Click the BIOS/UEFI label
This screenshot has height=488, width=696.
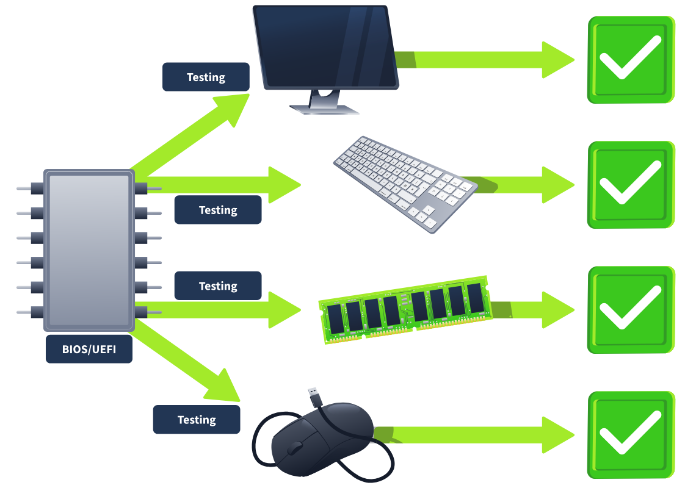(x=89, y=349)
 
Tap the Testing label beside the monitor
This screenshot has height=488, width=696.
(x=206, y=77)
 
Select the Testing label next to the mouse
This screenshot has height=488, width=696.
(x=197, y=419)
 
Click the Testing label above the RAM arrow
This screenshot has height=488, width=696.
(x=218, y=285)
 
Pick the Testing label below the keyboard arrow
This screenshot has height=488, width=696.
(x=218, y=209)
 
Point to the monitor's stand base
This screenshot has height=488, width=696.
(x=324, y=109)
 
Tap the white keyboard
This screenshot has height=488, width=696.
(x=405, y=184)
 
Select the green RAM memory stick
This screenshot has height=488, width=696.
(x=405, y=309)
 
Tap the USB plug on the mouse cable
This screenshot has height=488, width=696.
(x=314, y=396)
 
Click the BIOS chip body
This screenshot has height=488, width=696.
(x=89, y=250)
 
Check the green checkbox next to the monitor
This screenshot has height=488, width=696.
(x=631, y=60)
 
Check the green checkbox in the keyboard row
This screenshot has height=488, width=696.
(x=631, y=185)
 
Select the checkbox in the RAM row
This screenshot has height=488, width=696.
(x=631, y=310)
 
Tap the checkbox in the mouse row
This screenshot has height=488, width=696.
(x=631, y=435)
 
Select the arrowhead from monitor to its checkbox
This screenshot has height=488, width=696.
(x=558, y=60)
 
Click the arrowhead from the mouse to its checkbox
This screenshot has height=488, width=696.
(x=558, y=435)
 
